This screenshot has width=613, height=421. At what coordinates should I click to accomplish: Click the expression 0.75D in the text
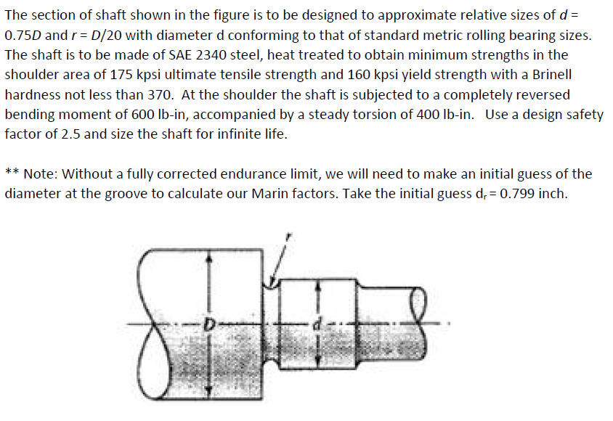[x=23, y=34]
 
